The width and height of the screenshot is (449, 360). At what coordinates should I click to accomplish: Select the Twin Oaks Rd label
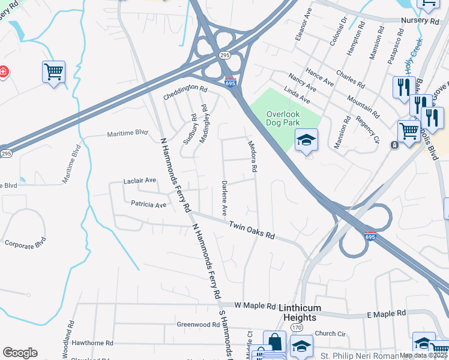tap(252, 230)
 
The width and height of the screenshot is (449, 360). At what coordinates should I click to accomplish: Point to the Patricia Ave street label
tap(148, 205)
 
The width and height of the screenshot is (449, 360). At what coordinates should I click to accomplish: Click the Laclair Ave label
tap(139, 180)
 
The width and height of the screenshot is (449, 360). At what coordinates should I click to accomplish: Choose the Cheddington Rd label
tap(185, 92)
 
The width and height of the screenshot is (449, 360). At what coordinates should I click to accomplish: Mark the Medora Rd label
tap(253, 157)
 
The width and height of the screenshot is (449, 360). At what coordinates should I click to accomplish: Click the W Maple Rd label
tap(255, 305)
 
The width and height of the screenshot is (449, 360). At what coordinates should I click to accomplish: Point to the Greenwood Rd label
tap(197, 325)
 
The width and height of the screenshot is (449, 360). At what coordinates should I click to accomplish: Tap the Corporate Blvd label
tap(25, 244)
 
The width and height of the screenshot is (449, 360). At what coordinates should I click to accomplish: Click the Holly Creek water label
tap(414, 56)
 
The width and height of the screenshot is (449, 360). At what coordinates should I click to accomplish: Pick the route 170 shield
tap(297, 328)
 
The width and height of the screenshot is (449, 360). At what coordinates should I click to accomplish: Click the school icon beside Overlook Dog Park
tap(306, 140)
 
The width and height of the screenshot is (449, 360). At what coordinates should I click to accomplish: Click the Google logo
tap(20, 353)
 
